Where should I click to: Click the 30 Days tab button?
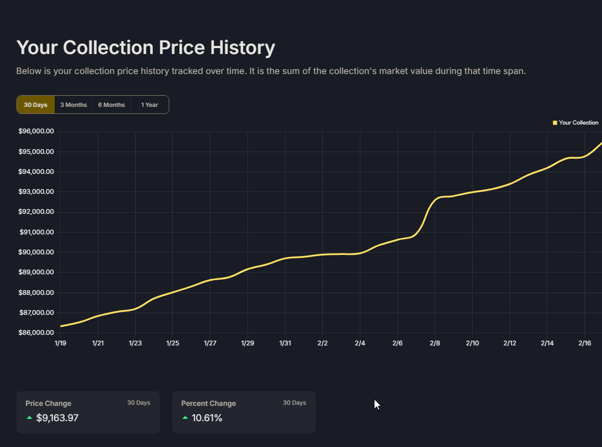pyautogui.click(x=35, y=105)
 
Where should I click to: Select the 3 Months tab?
pyautogui.click(x=73, y=105)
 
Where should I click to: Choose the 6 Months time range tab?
pyautogui.click(x=112, y=105)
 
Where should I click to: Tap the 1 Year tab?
pyautogui.click(x=149, y=105)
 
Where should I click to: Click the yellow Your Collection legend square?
pyautogui.click(x=555, y=123)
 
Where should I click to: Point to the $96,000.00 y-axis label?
pyautogui.click(x=36, y=132)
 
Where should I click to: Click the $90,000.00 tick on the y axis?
pyautogui.click(x=36, y=252)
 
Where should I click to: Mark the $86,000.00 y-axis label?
pyautogui.click(x=36, y=332)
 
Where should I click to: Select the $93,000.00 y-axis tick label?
pyautogui.click(x=36, y=192)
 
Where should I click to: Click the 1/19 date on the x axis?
pyautogui.click(x=60, y=343)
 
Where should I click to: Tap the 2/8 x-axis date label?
pyautogui.click(x=435, y=343)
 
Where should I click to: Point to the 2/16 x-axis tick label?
pyautogui.click(x=585, y=343)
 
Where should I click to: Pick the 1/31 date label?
pyautogui.click(x=285, y=343)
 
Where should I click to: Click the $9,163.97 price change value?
pyautogui.click(x=57, y=418)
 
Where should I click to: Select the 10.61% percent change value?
pyautogui.click(x=207, y=418)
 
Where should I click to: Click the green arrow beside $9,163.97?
pyautogui.click(x=29, y=418)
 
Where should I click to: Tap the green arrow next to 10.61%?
pyautogui.click(x=185, y=418)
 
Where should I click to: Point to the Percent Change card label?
pyautogui.click(x=208, y=404)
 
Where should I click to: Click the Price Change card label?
pyautogui.click(x=48, y=404)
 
